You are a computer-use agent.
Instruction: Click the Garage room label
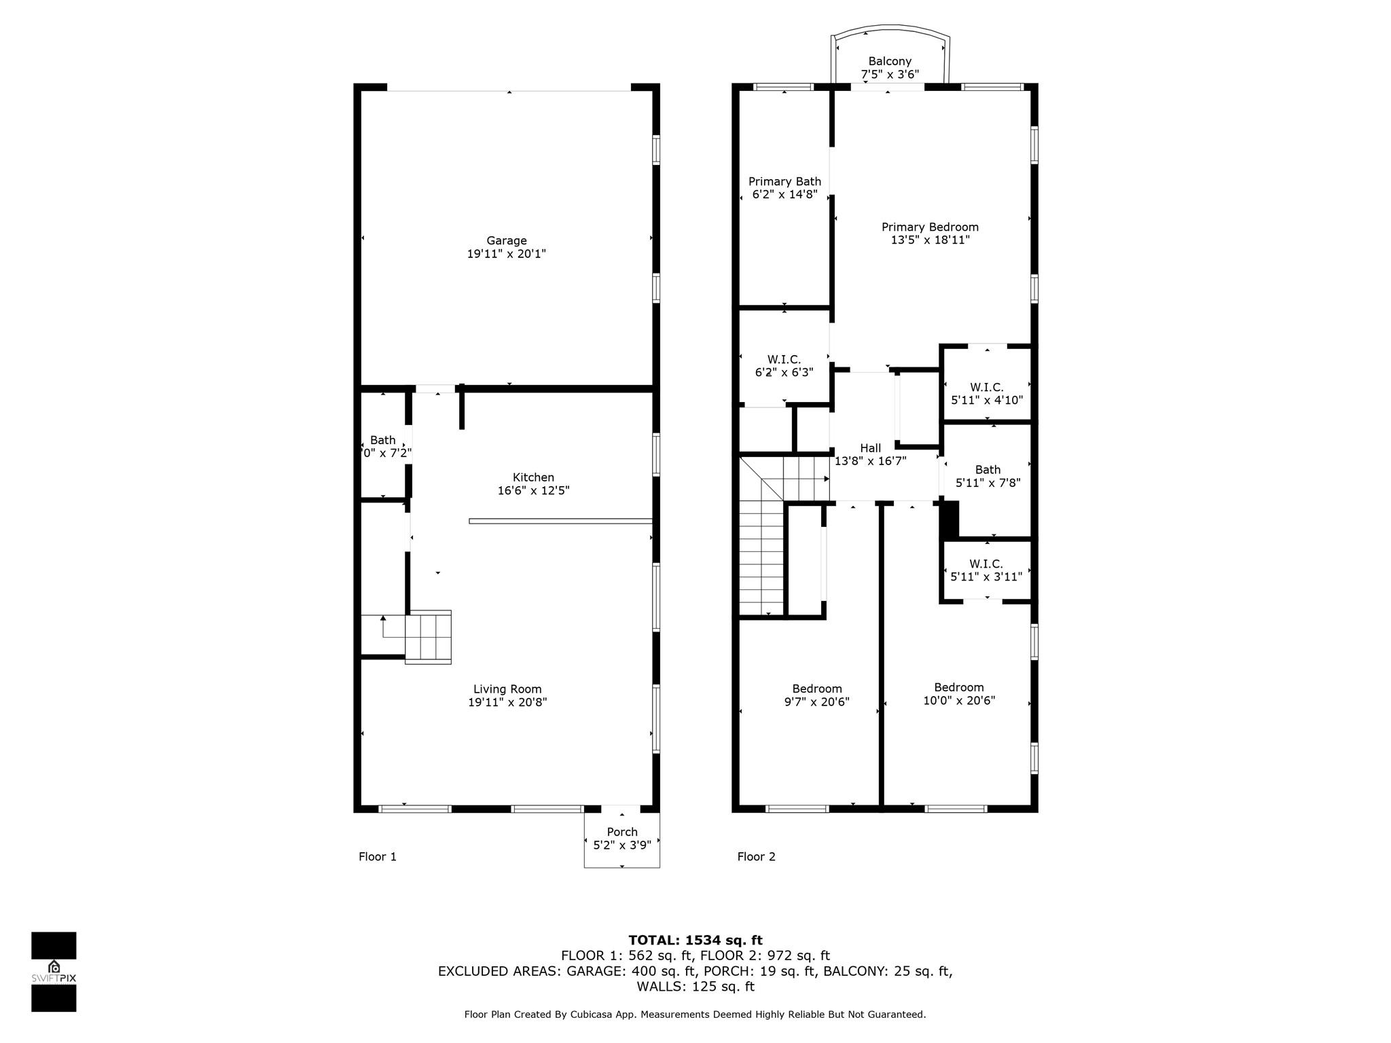click(506, 241)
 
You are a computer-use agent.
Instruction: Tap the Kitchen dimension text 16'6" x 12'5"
click(533, 490)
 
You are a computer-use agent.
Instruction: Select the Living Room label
click(507, 689)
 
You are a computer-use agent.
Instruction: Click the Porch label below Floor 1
click(622, 832)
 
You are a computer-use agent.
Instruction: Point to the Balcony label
click(890, 61)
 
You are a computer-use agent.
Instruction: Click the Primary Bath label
click(784, 181)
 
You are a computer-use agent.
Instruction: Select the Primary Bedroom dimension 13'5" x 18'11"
click(930, 240)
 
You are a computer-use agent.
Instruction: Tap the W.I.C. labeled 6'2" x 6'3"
click(784, 365)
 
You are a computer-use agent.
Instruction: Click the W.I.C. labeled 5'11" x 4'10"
click(986, 393)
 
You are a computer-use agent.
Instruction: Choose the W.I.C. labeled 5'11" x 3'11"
click(986, 570)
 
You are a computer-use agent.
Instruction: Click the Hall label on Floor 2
click(870, 448)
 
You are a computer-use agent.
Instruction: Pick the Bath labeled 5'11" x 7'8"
click(988, 476)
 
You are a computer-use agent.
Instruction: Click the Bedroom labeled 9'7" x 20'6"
click(816, 695)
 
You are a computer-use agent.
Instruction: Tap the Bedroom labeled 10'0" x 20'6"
click(958, 693)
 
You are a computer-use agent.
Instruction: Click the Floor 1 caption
click(378, 856)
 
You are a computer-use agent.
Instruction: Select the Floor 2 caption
click(756, 856)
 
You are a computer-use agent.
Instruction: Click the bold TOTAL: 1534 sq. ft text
click(695, 940)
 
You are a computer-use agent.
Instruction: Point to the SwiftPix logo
click(54, 971)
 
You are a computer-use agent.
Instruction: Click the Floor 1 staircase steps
click(429, 636)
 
